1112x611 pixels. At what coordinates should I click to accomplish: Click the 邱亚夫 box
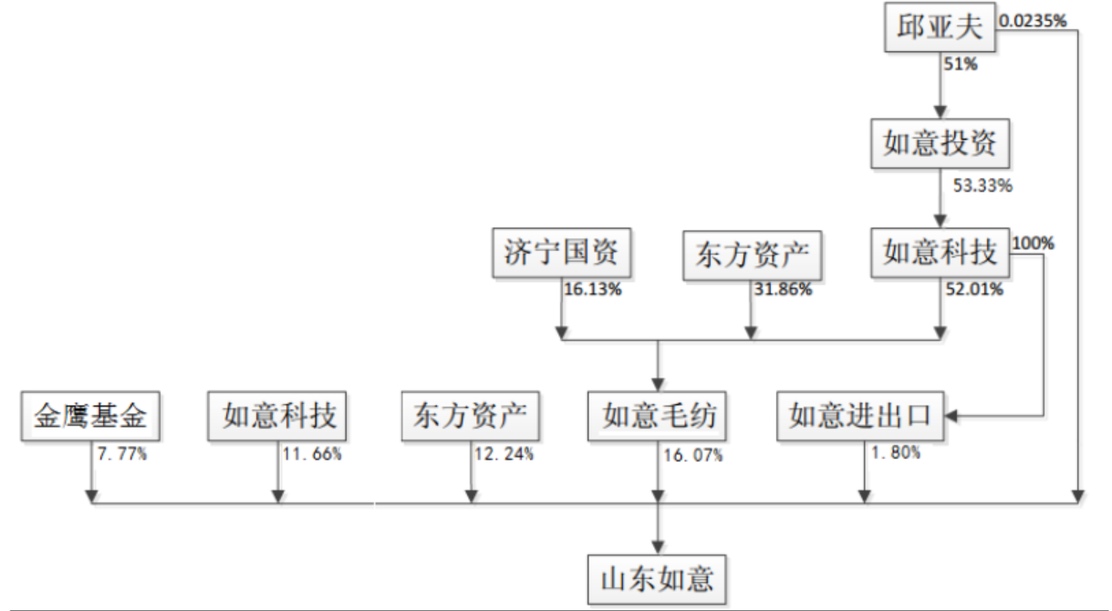coord(940,27)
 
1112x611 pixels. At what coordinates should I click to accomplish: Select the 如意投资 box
coord(940,143)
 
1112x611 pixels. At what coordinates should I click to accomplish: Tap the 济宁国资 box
coord(561,252)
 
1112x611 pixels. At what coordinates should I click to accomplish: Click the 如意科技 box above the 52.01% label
coord(940,252)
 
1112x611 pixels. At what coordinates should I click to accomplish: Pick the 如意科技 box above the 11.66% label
coord(279,416)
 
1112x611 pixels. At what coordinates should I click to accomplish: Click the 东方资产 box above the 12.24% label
coord(471,416)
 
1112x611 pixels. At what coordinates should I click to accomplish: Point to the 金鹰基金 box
coord(89,416)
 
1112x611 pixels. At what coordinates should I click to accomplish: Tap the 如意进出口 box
coord(860,416)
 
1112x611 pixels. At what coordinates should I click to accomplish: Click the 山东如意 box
coord(658,578)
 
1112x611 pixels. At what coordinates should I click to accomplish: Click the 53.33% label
coord(982,186)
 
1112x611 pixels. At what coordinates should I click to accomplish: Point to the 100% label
coord(1034,244)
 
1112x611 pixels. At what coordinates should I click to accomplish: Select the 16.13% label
coord(593,290)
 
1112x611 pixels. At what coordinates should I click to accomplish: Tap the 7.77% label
coord(121,453)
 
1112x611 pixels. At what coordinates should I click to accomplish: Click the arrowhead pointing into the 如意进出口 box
coord(952,417)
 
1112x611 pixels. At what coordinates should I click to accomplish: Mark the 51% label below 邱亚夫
coord(961,65)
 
